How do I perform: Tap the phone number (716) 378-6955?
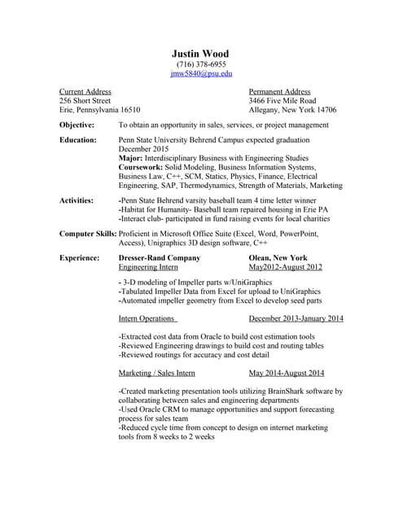click(201, 63)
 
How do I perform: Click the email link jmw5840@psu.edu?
click(201, 73)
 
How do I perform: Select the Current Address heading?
click(85, 92)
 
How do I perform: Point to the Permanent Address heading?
click(279, 92)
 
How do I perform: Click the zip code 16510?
click(130, 110)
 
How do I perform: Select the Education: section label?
click(78, 140)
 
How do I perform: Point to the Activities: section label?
click(77, 200)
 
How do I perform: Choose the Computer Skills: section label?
click(88, 234)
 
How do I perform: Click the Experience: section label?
click(80, 257)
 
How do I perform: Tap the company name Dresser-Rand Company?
click(160, 257)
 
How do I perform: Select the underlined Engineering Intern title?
click(148, 267)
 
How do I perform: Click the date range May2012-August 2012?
click(286, 267)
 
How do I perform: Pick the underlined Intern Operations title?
click(147, 319)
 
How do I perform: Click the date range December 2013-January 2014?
click(296, 319)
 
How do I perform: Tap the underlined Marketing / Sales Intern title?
click(157, 373)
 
